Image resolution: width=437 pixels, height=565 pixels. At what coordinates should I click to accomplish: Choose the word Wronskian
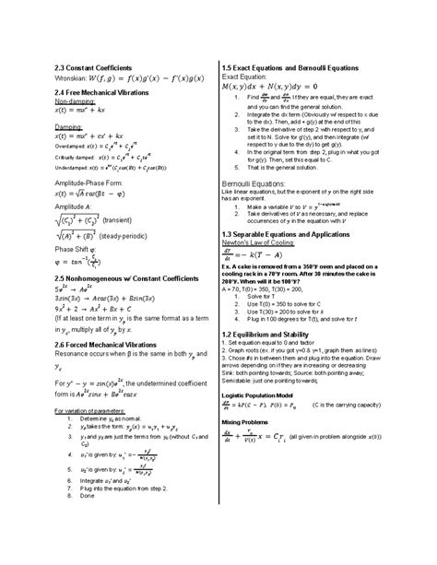point(63,80)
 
